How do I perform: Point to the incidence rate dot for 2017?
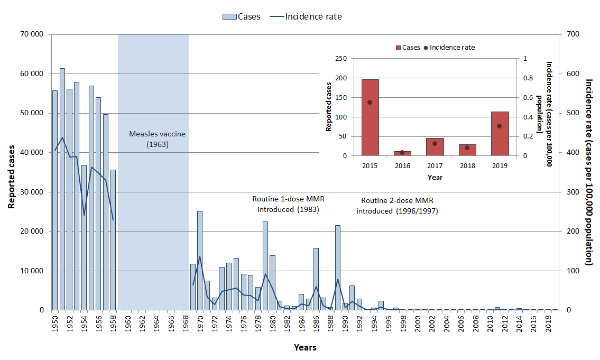pos(435,143)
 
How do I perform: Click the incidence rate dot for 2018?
pos(467,147)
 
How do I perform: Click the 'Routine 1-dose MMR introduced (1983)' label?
pos(288,205)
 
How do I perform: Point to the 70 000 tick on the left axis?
pos(32,35)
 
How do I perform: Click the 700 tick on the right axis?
pos(573,35)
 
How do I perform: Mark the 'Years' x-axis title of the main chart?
pos(305,347)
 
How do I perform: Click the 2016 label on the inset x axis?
pos(402,165)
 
